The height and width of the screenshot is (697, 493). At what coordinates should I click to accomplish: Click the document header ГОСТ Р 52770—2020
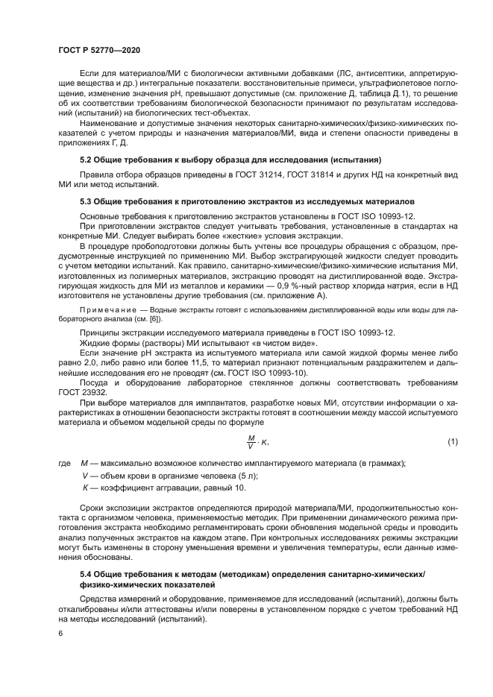click(99, 48)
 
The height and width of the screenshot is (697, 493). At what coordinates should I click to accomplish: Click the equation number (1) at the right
click(452, 442)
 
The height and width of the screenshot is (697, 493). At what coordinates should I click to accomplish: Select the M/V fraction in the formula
click(251, 442)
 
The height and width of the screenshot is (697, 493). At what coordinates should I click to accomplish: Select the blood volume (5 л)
click(226, 476)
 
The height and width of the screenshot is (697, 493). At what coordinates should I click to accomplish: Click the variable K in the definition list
click(84, 488)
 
